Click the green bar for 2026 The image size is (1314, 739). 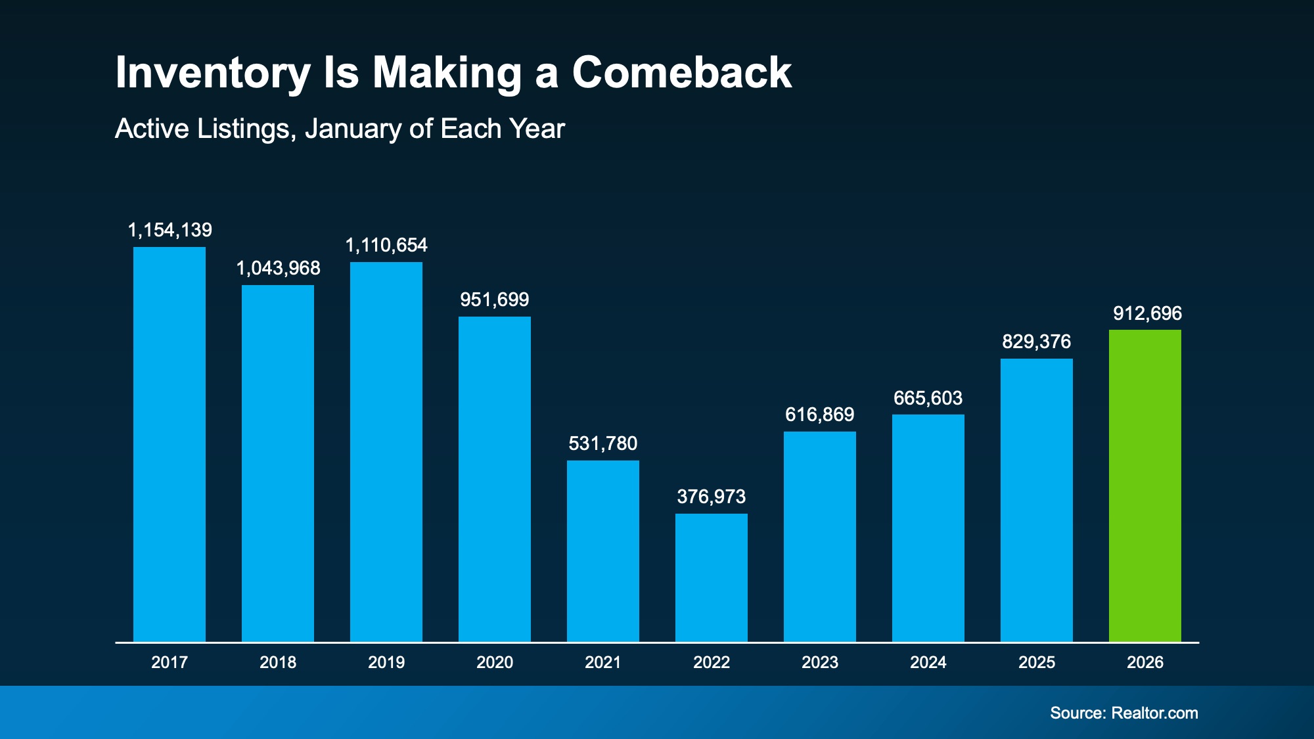point(1144,486)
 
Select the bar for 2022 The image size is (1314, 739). point(711,578)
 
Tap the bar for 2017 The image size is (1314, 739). point(170,444)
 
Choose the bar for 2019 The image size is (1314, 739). point(386,452)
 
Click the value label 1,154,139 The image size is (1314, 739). point(170,230)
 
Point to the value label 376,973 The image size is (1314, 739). point(711,497)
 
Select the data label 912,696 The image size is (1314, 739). point(1147,313)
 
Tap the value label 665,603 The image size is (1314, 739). point(928,398)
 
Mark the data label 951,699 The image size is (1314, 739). point(494,300)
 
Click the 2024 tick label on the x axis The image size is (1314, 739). point(928,662)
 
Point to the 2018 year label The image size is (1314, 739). point(278,662)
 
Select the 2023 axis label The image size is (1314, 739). point(819,662)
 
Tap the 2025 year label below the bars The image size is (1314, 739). point(1036,662)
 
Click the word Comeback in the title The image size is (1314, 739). point(681,72)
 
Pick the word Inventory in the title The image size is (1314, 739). point(212,74)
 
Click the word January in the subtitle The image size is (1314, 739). point(353,129)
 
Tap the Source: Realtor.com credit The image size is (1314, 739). point(1123,713)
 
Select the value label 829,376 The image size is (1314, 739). point(1036,342)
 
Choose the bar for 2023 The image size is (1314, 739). point(819,536)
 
